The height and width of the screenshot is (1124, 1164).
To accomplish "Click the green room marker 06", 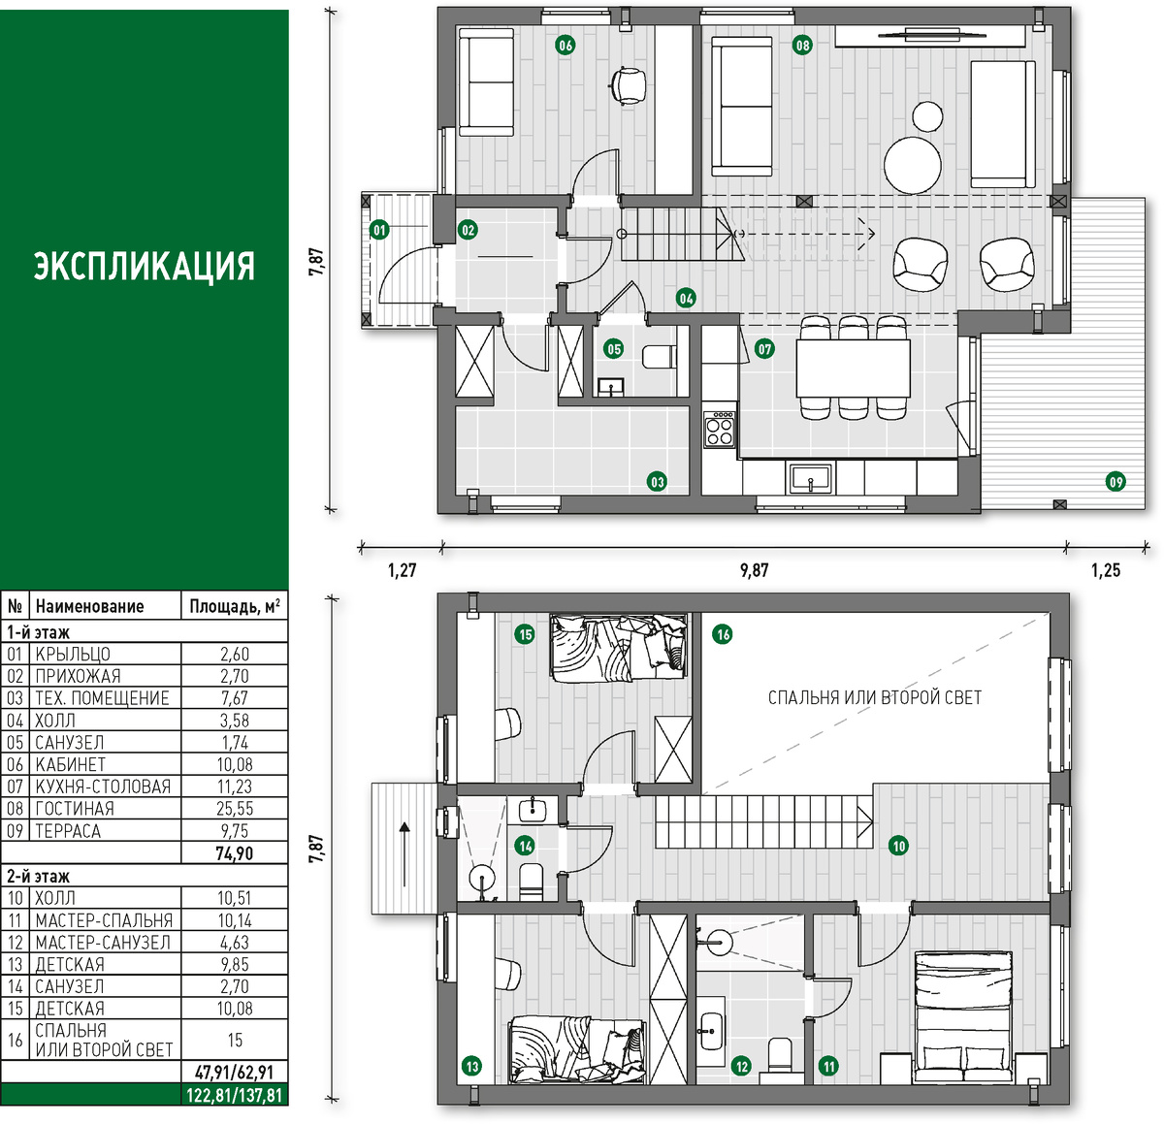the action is pos(565,45).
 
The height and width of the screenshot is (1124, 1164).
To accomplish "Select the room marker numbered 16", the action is pos(722,634).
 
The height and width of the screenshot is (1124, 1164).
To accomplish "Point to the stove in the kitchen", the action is pos(719,429).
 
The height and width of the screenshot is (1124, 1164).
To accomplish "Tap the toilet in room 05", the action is pos(660,358).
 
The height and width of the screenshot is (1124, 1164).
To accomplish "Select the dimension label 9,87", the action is pos(754,570).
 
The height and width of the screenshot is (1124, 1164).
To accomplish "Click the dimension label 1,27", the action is pos(402,570).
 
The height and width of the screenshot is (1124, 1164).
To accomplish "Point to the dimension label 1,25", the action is pos(1106,570).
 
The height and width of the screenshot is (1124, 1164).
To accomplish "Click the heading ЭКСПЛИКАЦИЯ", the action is pos(145,266).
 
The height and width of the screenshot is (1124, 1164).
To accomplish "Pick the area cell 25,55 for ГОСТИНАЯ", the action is pos(235,808).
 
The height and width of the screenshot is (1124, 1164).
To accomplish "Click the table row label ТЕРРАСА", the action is pos(68,831).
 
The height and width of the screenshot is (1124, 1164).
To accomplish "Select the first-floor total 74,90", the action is pos(235,853).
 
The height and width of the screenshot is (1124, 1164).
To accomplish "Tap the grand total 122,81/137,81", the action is pos(234,1096).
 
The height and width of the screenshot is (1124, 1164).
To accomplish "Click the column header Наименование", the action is pos(89,606).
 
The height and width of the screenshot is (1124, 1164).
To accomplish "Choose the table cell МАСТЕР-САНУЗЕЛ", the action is pos(103,943).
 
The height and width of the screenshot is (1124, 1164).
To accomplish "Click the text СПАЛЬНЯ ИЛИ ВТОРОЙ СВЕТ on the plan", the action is pos(875,697).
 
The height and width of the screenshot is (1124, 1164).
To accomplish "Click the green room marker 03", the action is pos(656,481).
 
